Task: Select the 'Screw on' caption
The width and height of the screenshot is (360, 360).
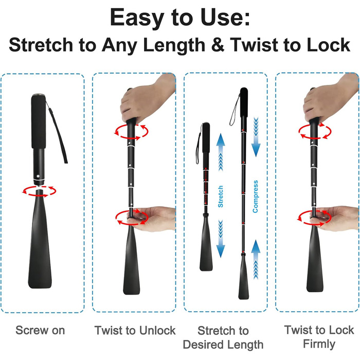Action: tap(40, 330)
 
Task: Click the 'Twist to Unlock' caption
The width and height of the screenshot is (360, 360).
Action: tap(135, 330)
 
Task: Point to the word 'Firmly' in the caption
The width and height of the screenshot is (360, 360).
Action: tap(319, 344)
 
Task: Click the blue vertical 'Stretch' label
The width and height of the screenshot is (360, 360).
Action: tap(221, 196)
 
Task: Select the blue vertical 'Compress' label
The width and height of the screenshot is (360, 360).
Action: tap(255, 196)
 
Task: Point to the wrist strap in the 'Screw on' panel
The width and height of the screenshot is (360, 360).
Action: tap(57, 132)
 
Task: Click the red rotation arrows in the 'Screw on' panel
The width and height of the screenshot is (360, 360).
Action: tap(40, 191)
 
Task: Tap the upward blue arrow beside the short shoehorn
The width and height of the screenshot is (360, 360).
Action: tap(221, 152)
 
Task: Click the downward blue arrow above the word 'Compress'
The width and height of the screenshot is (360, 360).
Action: tap(256, 137)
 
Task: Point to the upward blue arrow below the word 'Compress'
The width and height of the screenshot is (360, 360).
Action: tap(256, 259)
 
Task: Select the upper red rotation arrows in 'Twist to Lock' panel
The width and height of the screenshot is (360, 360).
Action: tap(315, 132)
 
